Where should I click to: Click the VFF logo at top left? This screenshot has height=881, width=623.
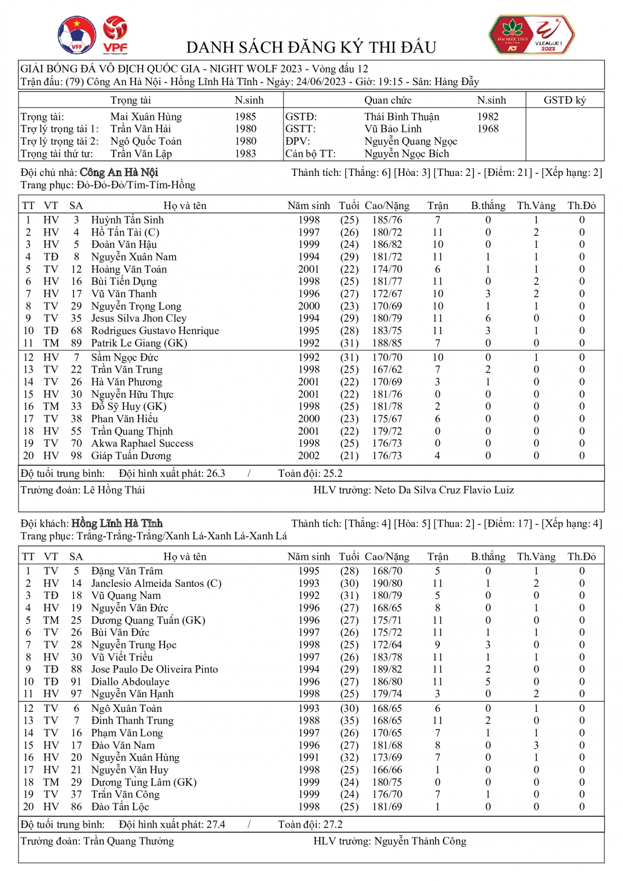(76, 35)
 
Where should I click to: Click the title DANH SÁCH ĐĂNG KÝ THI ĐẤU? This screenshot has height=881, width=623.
(311, 48)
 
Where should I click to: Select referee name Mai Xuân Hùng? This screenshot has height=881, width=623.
(146, 117)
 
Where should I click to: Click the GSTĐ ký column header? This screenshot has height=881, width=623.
(564, 100)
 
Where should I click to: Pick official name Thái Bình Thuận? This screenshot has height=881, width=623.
(401, 117)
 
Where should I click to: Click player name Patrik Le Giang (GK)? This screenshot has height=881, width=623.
(139, 343)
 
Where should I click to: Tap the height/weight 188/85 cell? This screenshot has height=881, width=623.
(387, 343)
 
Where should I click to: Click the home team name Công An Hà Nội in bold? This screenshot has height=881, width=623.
(119, 172)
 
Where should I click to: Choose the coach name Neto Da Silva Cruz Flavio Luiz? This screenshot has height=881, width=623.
(444, 490)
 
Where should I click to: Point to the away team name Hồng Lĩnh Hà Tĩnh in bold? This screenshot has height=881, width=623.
(117, 523)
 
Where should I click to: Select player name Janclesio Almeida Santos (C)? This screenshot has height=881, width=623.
(156, 583)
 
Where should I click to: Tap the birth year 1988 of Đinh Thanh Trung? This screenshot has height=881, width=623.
(309, 721)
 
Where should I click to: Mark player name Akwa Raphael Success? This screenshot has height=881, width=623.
(142, 444)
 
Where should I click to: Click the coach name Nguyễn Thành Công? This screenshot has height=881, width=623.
(420, 841)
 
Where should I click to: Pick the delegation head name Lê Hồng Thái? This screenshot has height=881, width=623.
(114, 490)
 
